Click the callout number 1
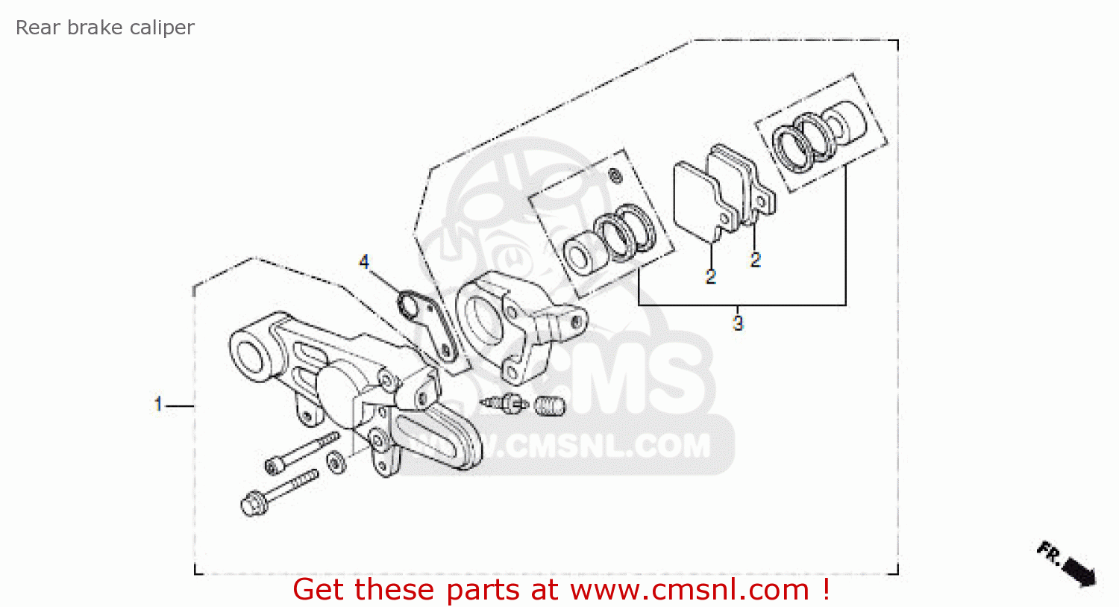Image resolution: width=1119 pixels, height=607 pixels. click(x=158, y=404)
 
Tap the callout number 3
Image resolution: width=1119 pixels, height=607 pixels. click(x=738, y=323)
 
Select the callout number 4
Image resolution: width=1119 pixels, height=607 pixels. click(x=364, y=262)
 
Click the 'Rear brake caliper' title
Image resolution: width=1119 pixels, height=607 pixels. click(x=105, y=28)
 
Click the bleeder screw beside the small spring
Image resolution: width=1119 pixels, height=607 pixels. click(x=504, y=402)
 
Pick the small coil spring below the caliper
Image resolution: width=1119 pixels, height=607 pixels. click(x=550, y=405)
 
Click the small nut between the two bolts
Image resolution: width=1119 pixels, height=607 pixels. click(x=336, y=462)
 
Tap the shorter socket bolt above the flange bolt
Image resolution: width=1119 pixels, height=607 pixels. click(x=301, y=453)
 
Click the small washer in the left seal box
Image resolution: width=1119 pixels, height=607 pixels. click(x=615, y=176)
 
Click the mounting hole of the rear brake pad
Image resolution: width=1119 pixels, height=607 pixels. click(x=761, y=202)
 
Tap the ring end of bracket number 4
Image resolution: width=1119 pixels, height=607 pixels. click(x=409, y=304)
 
